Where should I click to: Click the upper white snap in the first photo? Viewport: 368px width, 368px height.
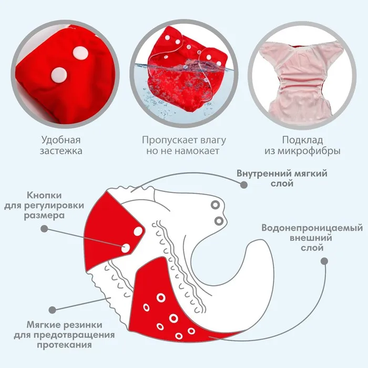click(80, 52)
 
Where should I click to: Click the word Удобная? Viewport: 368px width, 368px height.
click(61, 140)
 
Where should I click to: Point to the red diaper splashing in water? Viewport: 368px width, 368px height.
click(184, 74)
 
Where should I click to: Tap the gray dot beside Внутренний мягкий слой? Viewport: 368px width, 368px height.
click(243, 185)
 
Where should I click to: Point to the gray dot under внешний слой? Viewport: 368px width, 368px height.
click(324, 261)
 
